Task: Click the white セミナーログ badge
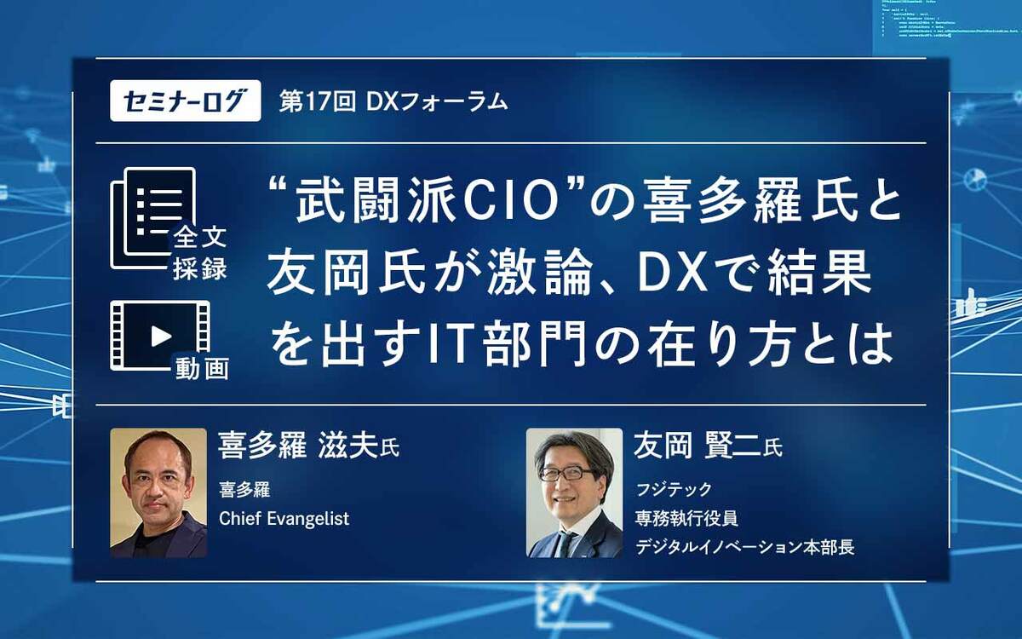pyautogui.click(x=185, y=101)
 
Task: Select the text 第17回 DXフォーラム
pyautogui.click(x=393, y=102)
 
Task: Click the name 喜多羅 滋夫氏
pyautogui.click(x=308, y=446)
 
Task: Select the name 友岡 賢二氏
pyautogui.click(x=708, y=446)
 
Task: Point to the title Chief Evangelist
pyautogui.click(x=284, y=518)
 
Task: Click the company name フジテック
pyautogui.click(x=674, y=489)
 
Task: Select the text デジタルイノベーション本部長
pyautogui.click(x=744, y=547)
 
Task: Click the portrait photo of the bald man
pyautogui.click(x=158, y=492)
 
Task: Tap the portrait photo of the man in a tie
pyautogui.click(x=574, y=492)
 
